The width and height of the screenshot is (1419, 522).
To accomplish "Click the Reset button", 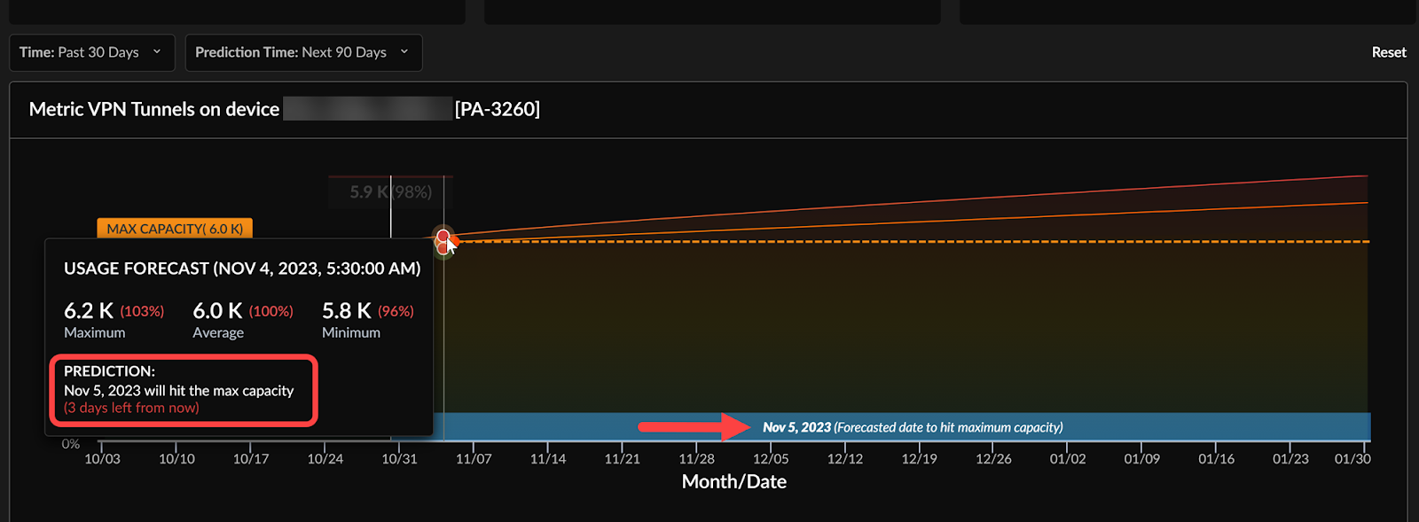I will tap(1388, 52).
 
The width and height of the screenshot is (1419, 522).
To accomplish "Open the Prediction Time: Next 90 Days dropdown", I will tap(302, 52).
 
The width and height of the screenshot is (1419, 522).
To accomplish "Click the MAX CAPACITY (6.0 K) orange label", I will tap(175, 229).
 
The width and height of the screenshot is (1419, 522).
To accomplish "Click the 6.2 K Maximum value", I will tap(89, 311).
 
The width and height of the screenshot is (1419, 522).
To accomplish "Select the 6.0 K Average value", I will tap(217, 311).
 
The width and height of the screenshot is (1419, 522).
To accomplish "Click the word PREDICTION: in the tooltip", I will tap(109, 371).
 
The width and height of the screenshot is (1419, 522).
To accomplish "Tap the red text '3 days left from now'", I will tap(131, 408).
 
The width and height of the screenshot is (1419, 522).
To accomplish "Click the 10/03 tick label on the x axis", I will tap(102, 459).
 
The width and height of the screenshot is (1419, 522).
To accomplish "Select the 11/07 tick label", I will tap(474, 459).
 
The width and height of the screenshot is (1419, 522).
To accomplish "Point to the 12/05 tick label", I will tap(771, 459).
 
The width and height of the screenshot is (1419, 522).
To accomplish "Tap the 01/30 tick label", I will tap(1352, 459).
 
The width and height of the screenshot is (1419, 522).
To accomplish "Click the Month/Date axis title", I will tap(733, 482).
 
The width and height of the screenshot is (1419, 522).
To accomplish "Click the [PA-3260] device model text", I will tap(497, 109).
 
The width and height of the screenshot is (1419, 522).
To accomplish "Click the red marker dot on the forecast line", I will tap(443, 237).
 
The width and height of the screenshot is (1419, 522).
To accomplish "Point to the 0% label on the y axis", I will tap(71, 444).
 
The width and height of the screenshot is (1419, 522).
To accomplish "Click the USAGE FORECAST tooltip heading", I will tap(242, 269).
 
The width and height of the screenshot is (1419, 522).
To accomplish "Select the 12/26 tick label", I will tap(993, 459).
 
